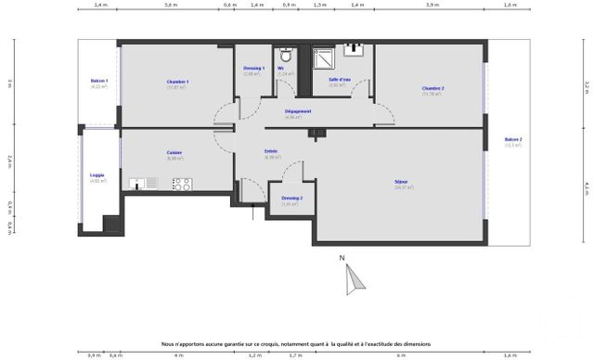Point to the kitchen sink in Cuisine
pos(139,183)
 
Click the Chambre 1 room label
pos(177,82)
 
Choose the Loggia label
pos(97,174)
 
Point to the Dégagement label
pos(297,111)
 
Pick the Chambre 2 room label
pos(433,88)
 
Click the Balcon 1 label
pos(99,81)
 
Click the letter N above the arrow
pos(342,257)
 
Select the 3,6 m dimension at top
pos(171,6)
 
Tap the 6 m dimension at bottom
pos(401,354)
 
